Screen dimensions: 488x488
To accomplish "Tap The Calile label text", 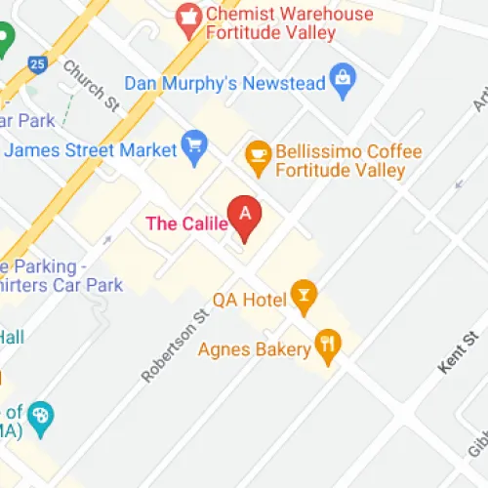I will [x=186, y=224].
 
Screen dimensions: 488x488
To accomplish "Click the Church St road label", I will [x=83, y=84].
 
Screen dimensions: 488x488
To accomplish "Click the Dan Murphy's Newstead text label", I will [x=224, y=84].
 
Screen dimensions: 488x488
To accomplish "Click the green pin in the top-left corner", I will [x=5, y=41].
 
